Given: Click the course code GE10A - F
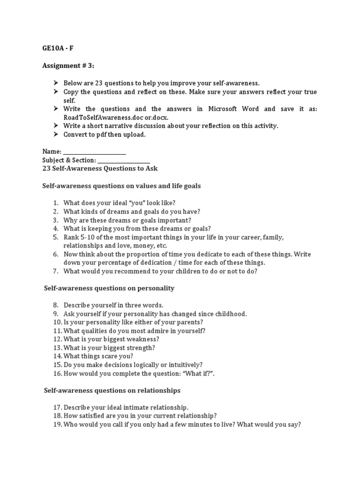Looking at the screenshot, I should [58, 48].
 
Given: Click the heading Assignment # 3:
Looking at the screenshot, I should [68, 66].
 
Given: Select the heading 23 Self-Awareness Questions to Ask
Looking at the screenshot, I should [103, 168].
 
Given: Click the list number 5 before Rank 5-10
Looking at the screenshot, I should [55, 237].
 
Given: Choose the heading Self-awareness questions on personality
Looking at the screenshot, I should [109, 288].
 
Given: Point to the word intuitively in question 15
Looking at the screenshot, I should [184, 365].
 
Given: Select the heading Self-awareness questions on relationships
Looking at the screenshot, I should [112, 390].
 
